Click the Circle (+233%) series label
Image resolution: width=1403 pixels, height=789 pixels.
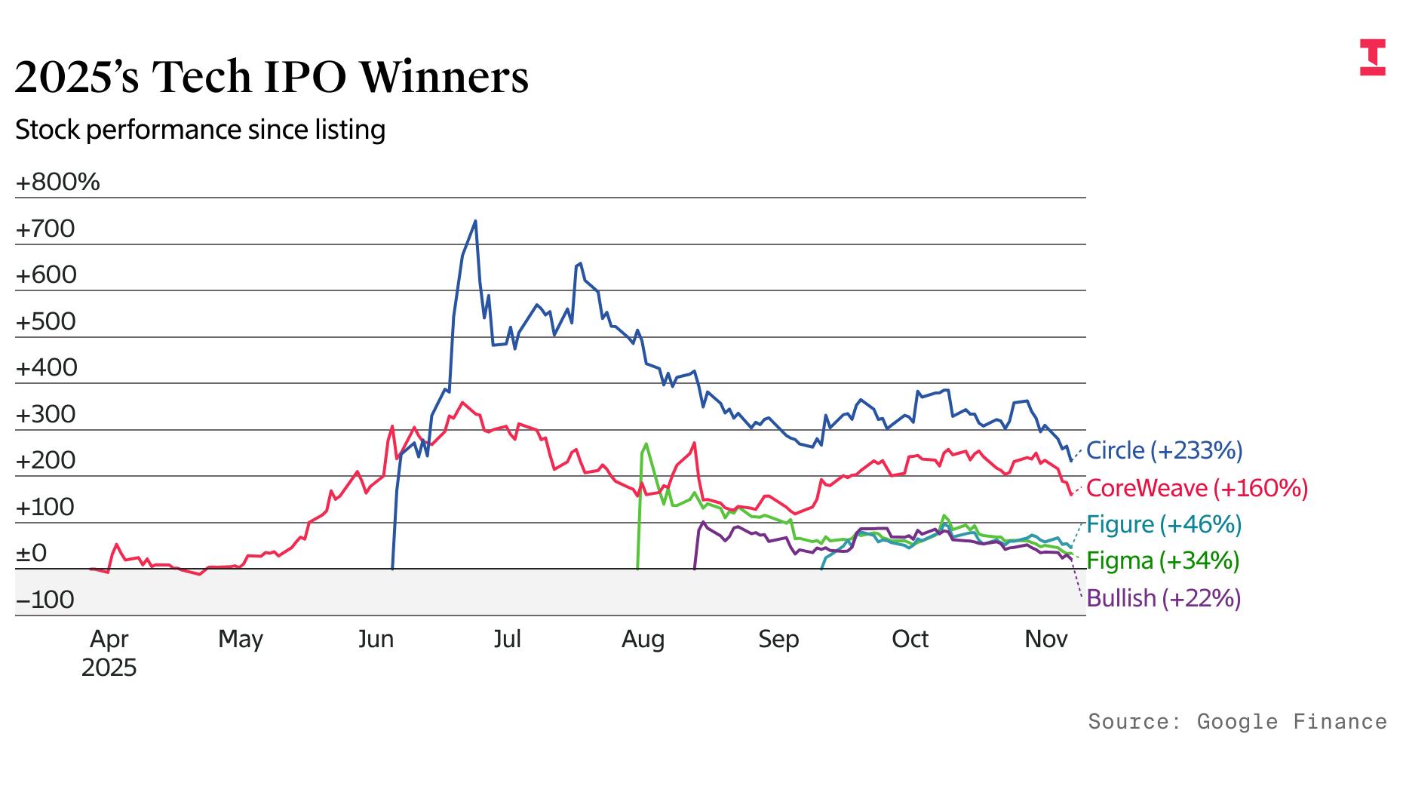1164,450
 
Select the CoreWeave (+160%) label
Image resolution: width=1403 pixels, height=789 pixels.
1196,488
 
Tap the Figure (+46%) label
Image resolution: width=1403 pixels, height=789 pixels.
1163,524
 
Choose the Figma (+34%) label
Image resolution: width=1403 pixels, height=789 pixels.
1162,560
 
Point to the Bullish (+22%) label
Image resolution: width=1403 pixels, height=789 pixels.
1163,598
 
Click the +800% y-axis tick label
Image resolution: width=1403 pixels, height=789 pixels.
57,182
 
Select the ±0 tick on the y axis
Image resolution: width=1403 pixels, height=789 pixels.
32,553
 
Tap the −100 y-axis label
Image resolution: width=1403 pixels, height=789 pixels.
45,600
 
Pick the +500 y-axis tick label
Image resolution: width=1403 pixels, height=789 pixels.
45,321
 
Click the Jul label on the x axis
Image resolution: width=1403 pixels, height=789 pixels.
507,639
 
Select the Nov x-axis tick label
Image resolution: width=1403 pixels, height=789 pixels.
1045,639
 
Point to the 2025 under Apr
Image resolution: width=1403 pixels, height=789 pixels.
109,668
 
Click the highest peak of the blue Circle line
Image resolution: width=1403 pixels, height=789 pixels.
475,221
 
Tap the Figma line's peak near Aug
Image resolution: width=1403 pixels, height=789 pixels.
646,444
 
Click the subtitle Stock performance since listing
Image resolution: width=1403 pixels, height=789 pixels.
200,130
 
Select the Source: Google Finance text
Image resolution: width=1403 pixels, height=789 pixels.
1237,722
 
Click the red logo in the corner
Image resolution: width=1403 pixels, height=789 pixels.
1373,57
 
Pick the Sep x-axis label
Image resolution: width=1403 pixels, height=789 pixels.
778,639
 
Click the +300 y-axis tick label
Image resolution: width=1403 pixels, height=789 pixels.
45,414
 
